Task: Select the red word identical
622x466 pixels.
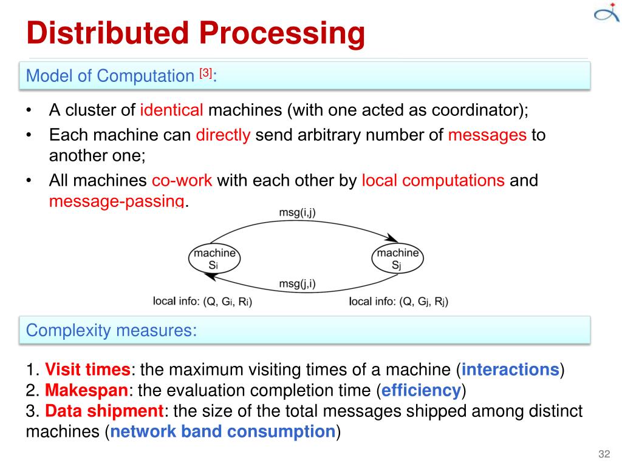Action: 172,111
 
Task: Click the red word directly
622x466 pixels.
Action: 223,135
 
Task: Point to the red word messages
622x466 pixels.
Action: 487,135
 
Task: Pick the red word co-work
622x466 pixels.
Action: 182,181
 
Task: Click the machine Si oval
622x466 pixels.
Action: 214,258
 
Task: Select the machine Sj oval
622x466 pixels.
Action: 397,258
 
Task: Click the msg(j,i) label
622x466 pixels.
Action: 297,283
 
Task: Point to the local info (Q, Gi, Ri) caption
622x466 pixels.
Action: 202,301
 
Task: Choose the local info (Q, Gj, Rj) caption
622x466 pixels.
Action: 398,301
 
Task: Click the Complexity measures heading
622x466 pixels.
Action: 112,331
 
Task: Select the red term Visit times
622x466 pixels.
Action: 88,370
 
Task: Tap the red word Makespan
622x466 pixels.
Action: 86,390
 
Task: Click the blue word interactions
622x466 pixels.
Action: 510,370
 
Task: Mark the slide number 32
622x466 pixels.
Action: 604,455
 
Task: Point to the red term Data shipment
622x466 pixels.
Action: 104,411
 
